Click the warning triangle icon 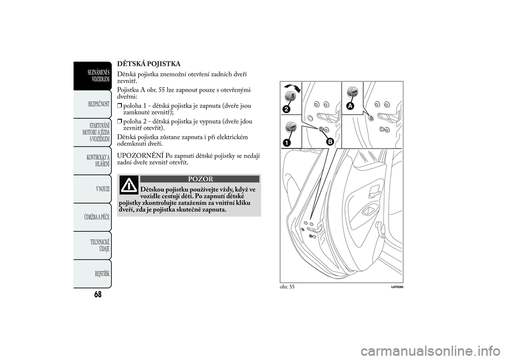coord(128,185)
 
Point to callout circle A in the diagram coord(350,106)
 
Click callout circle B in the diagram coord(329,142)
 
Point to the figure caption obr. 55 coord(287,286)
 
